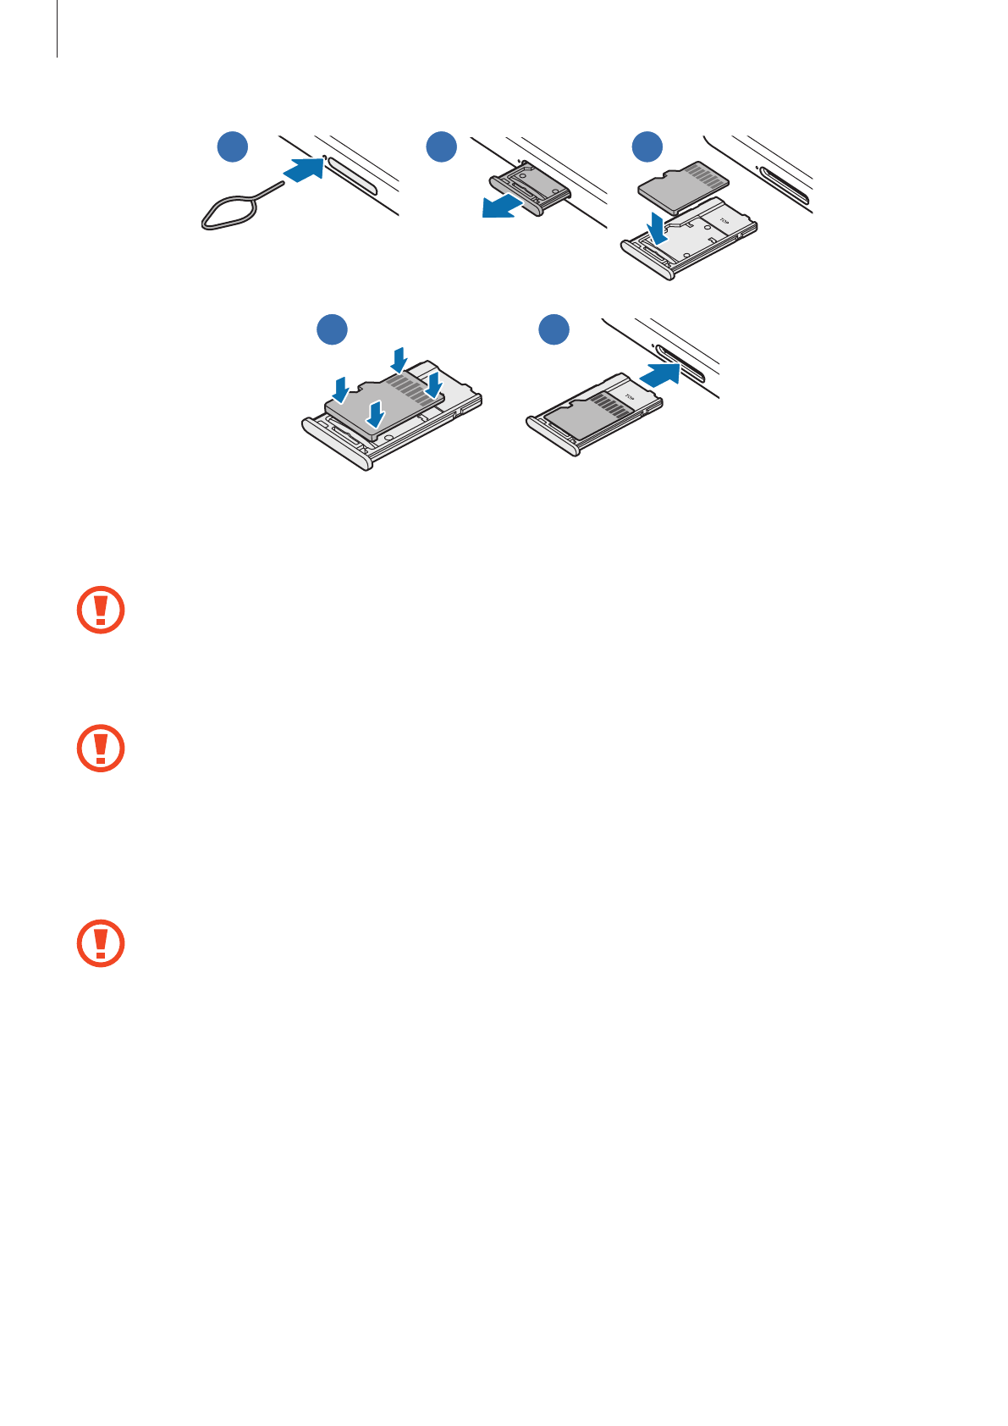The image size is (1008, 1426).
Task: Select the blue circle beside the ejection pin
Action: pos(233,146)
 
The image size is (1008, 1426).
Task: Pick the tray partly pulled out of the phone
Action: pos(530,188)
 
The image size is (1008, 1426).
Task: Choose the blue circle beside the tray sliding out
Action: pos(441,146)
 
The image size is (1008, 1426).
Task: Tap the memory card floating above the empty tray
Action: pos(682,186)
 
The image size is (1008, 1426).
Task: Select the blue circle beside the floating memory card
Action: pos(648,146)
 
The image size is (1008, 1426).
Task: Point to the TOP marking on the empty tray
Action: pos(724,222)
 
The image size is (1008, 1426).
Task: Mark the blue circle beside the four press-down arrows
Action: pos(333,329)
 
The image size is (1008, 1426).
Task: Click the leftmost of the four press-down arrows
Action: pos(340,390)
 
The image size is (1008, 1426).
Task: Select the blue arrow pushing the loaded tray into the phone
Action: pos(659,373)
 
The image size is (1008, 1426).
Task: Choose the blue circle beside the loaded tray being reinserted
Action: pos(554,329)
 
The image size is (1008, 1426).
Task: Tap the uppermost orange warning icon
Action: pos(101,610)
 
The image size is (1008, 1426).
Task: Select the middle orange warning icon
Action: pos(101,748)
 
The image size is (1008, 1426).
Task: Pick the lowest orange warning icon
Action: pos(101,942)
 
